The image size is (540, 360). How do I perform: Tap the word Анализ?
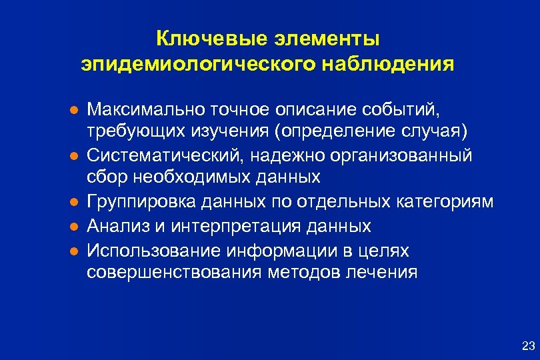point(115,226)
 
